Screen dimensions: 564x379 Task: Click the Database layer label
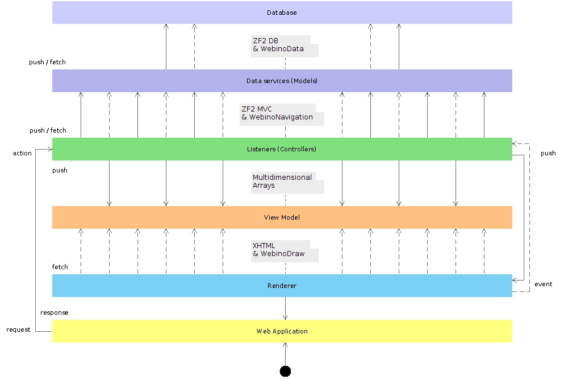282,13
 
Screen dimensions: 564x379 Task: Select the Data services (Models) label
282,81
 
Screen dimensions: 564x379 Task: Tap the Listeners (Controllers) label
282,149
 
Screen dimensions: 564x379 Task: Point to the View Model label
282,217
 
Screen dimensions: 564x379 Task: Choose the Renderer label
282,286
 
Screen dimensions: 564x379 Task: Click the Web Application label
282,331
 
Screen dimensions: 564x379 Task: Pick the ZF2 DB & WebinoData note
285,46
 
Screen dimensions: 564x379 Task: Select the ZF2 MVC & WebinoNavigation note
282,114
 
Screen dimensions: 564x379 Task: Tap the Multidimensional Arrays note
287,183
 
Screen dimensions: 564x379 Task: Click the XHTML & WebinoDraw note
285,251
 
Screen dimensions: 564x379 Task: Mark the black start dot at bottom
285,371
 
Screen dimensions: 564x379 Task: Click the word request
18,329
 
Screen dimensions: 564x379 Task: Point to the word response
55,312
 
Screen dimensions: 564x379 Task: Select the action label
22,153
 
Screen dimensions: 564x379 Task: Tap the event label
543,284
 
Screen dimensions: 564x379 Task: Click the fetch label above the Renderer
60,266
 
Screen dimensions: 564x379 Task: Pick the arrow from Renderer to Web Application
285,308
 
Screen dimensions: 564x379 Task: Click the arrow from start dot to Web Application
285,354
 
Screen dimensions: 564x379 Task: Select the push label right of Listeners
548,153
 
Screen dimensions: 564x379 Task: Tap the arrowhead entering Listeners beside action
49,149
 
